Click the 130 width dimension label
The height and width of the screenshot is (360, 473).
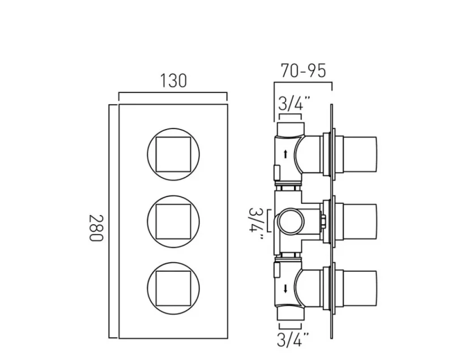pos(172,81)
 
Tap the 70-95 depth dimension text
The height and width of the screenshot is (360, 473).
pos(303,71)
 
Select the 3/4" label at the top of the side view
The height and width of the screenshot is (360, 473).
pos(294,104)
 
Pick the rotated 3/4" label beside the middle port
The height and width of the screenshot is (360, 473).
pos(257,224)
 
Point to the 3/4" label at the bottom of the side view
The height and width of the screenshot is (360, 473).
pos(293,340)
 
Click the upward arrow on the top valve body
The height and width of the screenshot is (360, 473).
pos(285,153)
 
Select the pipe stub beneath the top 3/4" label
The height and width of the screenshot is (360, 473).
pos(291,126)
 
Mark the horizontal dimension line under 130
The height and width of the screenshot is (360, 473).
pos(172,93)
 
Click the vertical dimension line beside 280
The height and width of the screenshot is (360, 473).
pos(109,221)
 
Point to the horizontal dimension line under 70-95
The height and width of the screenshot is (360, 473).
pos(303,83)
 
